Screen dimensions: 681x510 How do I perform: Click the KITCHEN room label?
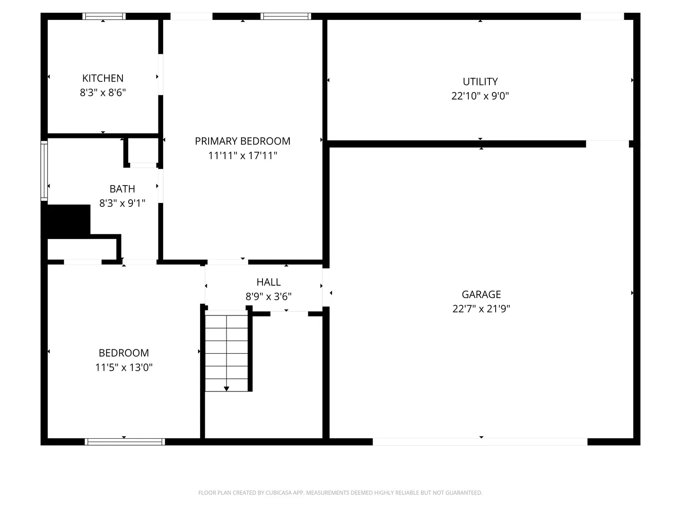coord(103,78)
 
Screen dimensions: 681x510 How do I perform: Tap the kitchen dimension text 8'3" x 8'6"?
coord(103,92)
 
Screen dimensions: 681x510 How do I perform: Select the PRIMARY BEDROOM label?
coord(242,141)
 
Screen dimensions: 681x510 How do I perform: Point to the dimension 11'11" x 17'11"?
coord(242,155)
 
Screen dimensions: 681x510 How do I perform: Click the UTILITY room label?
coord(480,81)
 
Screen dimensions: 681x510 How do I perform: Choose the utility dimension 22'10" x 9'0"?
coord(480,96)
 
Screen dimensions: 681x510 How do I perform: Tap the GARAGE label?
coord(481,294)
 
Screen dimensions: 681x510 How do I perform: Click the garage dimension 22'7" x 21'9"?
coord(481,309)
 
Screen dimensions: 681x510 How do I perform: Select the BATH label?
coord(122,188)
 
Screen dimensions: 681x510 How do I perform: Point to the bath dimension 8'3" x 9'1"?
coord(122,203)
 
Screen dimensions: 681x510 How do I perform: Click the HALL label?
coord(268,282)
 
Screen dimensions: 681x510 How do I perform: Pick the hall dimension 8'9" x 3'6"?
coord(268,297)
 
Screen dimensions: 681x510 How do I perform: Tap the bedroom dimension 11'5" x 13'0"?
coord(124,367)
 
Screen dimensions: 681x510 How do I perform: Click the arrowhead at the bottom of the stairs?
coord(227,389)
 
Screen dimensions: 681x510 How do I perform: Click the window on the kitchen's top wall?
coord(104,17)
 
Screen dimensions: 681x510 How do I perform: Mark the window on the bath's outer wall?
coord(44,170)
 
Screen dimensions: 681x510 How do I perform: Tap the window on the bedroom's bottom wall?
coord(125,442)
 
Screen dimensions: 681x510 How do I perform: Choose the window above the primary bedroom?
coord(286,17)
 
